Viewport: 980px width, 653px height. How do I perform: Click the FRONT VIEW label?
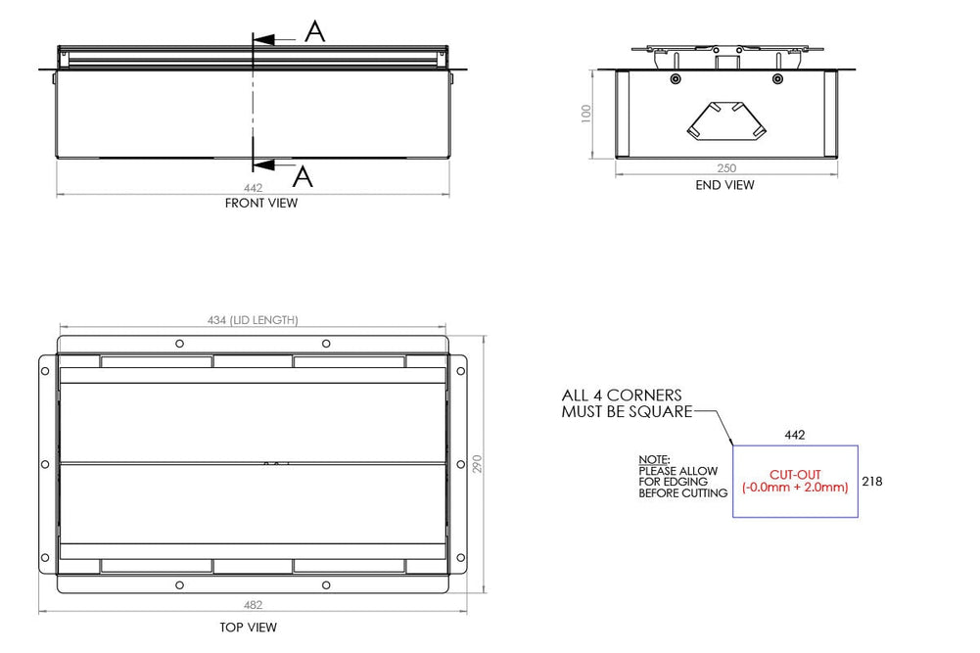click(261, 204)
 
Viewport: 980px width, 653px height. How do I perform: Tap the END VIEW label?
click(724, 185)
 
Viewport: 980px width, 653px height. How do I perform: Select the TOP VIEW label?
click(249, 628)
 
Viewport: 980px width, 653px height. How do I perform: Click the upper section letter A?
click(314, 32)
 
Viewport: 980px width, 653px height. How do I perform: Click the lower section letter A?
click(303, 176)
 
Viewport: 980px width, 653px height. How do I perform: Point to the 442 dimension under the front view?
click(253, 188)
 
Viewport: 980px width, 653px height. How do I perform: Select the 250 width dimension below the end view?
click(724, 168)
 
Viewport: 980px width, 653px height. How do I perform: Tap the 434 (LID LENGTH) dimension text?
click(253, 320)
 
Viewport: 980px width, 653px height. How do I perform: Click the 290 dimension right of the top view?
click(478, 463)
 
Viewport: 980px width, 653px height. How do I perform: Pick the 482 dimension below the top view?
click(253, 605)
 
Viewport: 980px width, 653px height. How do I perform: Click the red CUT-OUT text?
click(794, 475)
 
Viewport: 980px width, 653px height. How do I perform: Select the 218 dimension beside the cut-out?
click(873, 482)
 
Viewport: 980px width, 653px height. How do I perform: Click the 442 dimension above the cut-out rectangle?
click(795, 434)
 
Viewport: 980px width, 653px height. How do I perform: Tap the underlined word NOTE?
click(653, 459)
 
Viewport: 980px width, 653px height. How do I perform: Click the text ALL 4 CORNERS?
click(621, 396)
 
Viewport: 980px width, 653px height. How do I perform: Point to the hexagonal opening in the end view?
click(725, 120)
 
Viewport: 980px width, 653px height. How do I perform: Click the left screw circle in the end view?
click(675, 78)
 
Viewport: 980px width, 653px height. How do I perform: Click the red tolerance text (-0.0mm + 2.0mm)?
click(794, 488)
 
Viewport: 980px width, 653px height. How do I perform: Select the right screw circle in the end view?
click(777, 78)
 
